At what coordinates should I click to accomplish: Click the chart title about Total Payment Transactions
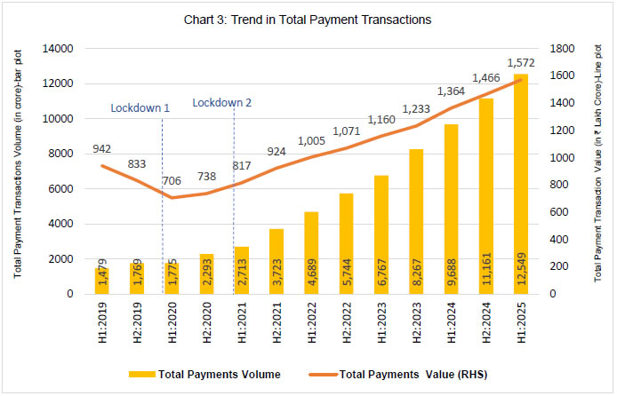coord(307,19)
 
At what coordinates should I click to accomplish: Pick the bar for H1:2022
coord(312,253)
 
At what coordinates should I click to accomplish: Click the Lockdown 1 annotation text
coord(140,107)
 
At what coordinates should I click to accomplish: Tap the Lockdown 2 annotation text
coord(222,102)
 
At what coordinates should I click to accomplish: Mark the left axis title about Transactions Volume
coord(18,169)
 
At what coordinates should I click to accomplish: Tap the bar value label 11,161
coord(486,276)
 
